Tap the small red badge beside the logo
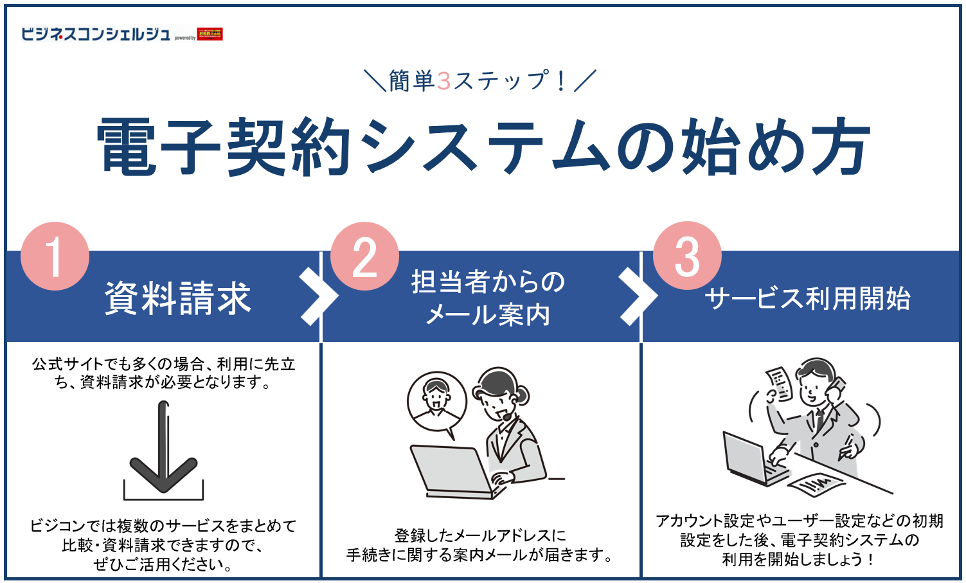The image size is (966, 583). [x=210, y=34]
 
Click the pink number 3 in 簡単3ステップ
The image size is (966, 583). [x=443, y=81]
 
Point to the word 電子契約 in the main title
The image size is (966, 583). [x=225, y=147]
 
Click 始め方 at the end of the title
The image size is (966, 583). [x=774, y=147]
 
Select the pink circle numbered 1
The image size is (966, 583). [x=55, y=256]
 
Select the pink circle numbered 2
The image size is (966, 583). [x=364, y=256]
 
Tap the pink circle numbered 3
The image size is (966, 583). [x=687, y=256]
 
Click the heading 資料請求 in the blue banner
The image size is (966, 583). [x=178, y=298]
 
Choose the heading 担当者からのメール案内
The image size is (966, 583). [x=488, y=298]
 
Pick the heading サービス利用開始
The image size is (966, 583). [x=807, y=298]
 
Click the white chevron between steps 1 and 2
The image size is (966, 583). [x=318, y=296]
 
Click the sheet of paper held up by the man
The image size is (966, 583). [x=779, y=383]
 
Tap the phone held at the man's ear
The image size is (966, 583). [x=836, y=389]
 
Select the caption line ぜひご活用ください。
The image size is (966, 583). [x=163, y=564]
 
